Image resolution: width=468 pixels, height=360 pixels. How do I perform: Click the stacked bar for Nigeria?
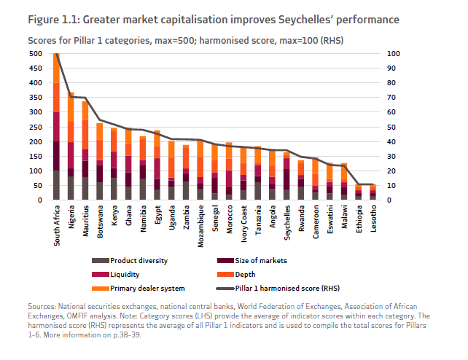tap(71, 146)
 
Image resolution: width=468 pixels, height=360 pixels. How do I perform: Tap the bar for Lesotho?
tap(372, 192)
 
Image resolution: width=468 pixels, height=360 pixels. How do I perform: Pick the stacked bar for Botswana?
tap(99, 161)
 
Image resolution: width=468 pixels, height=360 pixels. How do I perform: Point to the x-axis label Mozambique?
tap(200, 225)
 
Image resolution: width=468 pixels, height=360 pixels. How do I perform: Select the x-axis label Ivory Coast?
tap(243, 224)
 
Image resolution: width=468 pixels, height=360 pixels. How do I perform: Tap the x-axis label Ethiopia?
tap(358, 219)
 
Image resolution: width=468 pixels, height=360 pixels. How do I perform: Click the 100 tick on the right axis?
tap(392, 53)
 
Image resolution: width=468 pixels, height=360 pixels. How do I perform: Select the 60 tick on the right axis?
tap(391, 111)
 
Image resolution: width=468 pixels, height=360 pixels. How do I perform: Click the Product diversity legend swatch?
tap(99, 261)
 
